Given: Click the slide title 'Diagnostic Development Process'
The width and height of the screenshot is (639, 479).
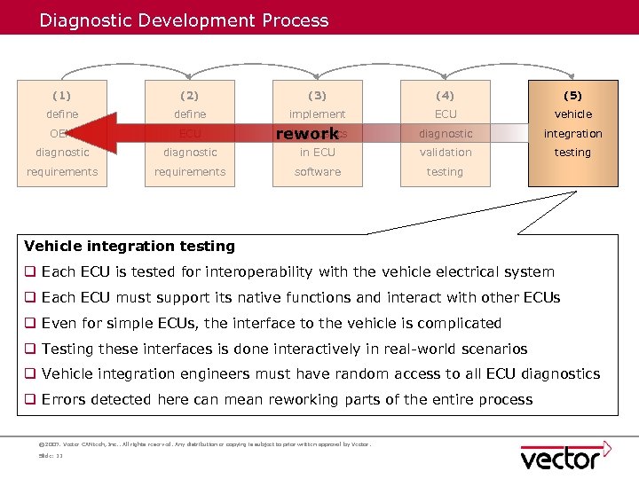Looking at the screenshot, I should click(x=184, y=20).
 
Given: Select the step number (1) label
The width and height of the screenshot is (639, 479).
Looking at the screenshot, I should click(x=62, y=95).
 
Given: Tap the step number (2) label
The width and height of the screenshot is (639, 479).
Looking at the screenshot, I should click(x=190, y=95).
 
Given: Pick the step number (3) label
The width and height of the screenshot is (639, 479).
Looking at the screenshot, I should click(x=317, y=95).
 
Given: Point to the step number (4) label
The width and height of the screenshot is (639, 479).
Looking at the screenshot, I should click(x=445, y=95).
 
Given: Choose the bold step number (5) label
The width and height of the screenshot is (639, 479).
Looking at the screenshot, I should click(x=572, y=95).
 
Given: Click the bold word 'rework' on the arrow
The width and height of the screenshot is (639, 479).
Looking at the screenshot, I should click(x=307, y=134).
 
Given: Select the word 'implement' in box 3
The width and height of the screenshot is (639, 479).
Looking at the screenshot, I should click(x=317, y=114).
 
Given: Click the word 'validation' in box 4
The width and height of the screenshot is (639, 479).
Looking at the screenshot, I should click(x=445, y=153).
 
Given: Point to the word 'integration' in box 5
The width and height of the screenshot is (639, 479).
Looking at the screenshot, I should click(x=572, y=134).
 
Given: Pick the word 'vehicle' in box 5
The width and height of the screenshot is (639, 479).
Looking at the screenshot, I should click(x=572, y=114).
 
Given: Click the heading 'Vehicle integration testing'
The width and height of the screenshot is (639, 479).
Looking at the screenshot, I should click(x=130, y=247).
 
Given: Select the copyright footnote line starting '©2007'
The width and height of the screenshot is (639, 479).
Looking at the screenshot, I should click(x=204, y=444).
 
